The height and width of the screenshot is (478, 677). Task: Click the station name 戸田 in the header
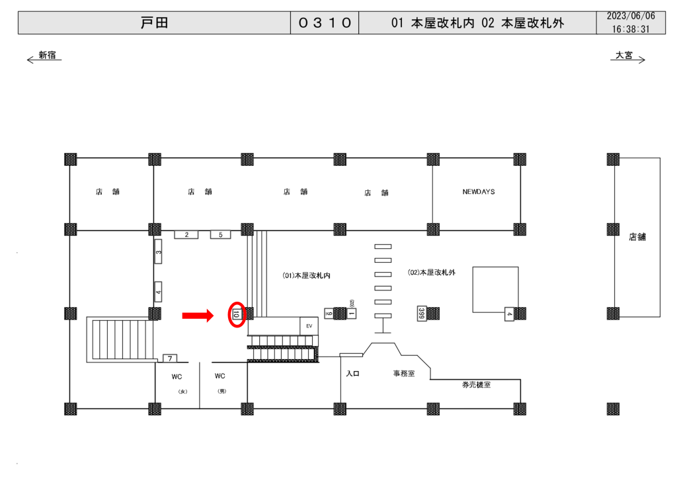155,23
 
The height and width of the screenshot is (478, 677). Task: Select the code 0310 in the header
325,23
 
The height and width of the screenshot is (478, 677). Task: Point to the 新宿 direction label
47,55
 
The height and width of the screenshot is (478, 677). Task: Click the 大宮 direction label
624,55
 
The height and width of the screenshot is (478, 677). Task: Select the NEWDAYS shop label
479,192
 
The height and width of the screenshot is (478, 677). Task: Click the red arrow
198,316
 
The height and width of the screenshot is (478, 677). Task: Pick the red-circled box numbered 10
236,314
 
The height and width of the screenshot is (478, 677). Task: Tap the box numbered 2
186,234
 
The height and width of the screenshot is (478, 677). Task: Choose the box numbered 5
220,234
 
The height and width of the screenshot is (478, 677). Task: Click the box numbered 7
170,358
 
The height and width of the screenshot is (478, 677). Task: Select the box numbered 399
421,313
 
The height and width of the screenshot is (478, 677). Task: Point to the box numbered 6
329,313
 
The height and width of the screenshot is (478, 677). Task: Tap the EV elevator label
308,326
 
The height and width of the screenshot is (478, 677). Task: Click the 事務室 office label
403,374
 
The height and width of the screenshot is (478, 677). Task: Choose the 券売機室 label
476,384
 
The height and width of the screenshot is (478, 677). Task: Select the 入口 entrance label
352,374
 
